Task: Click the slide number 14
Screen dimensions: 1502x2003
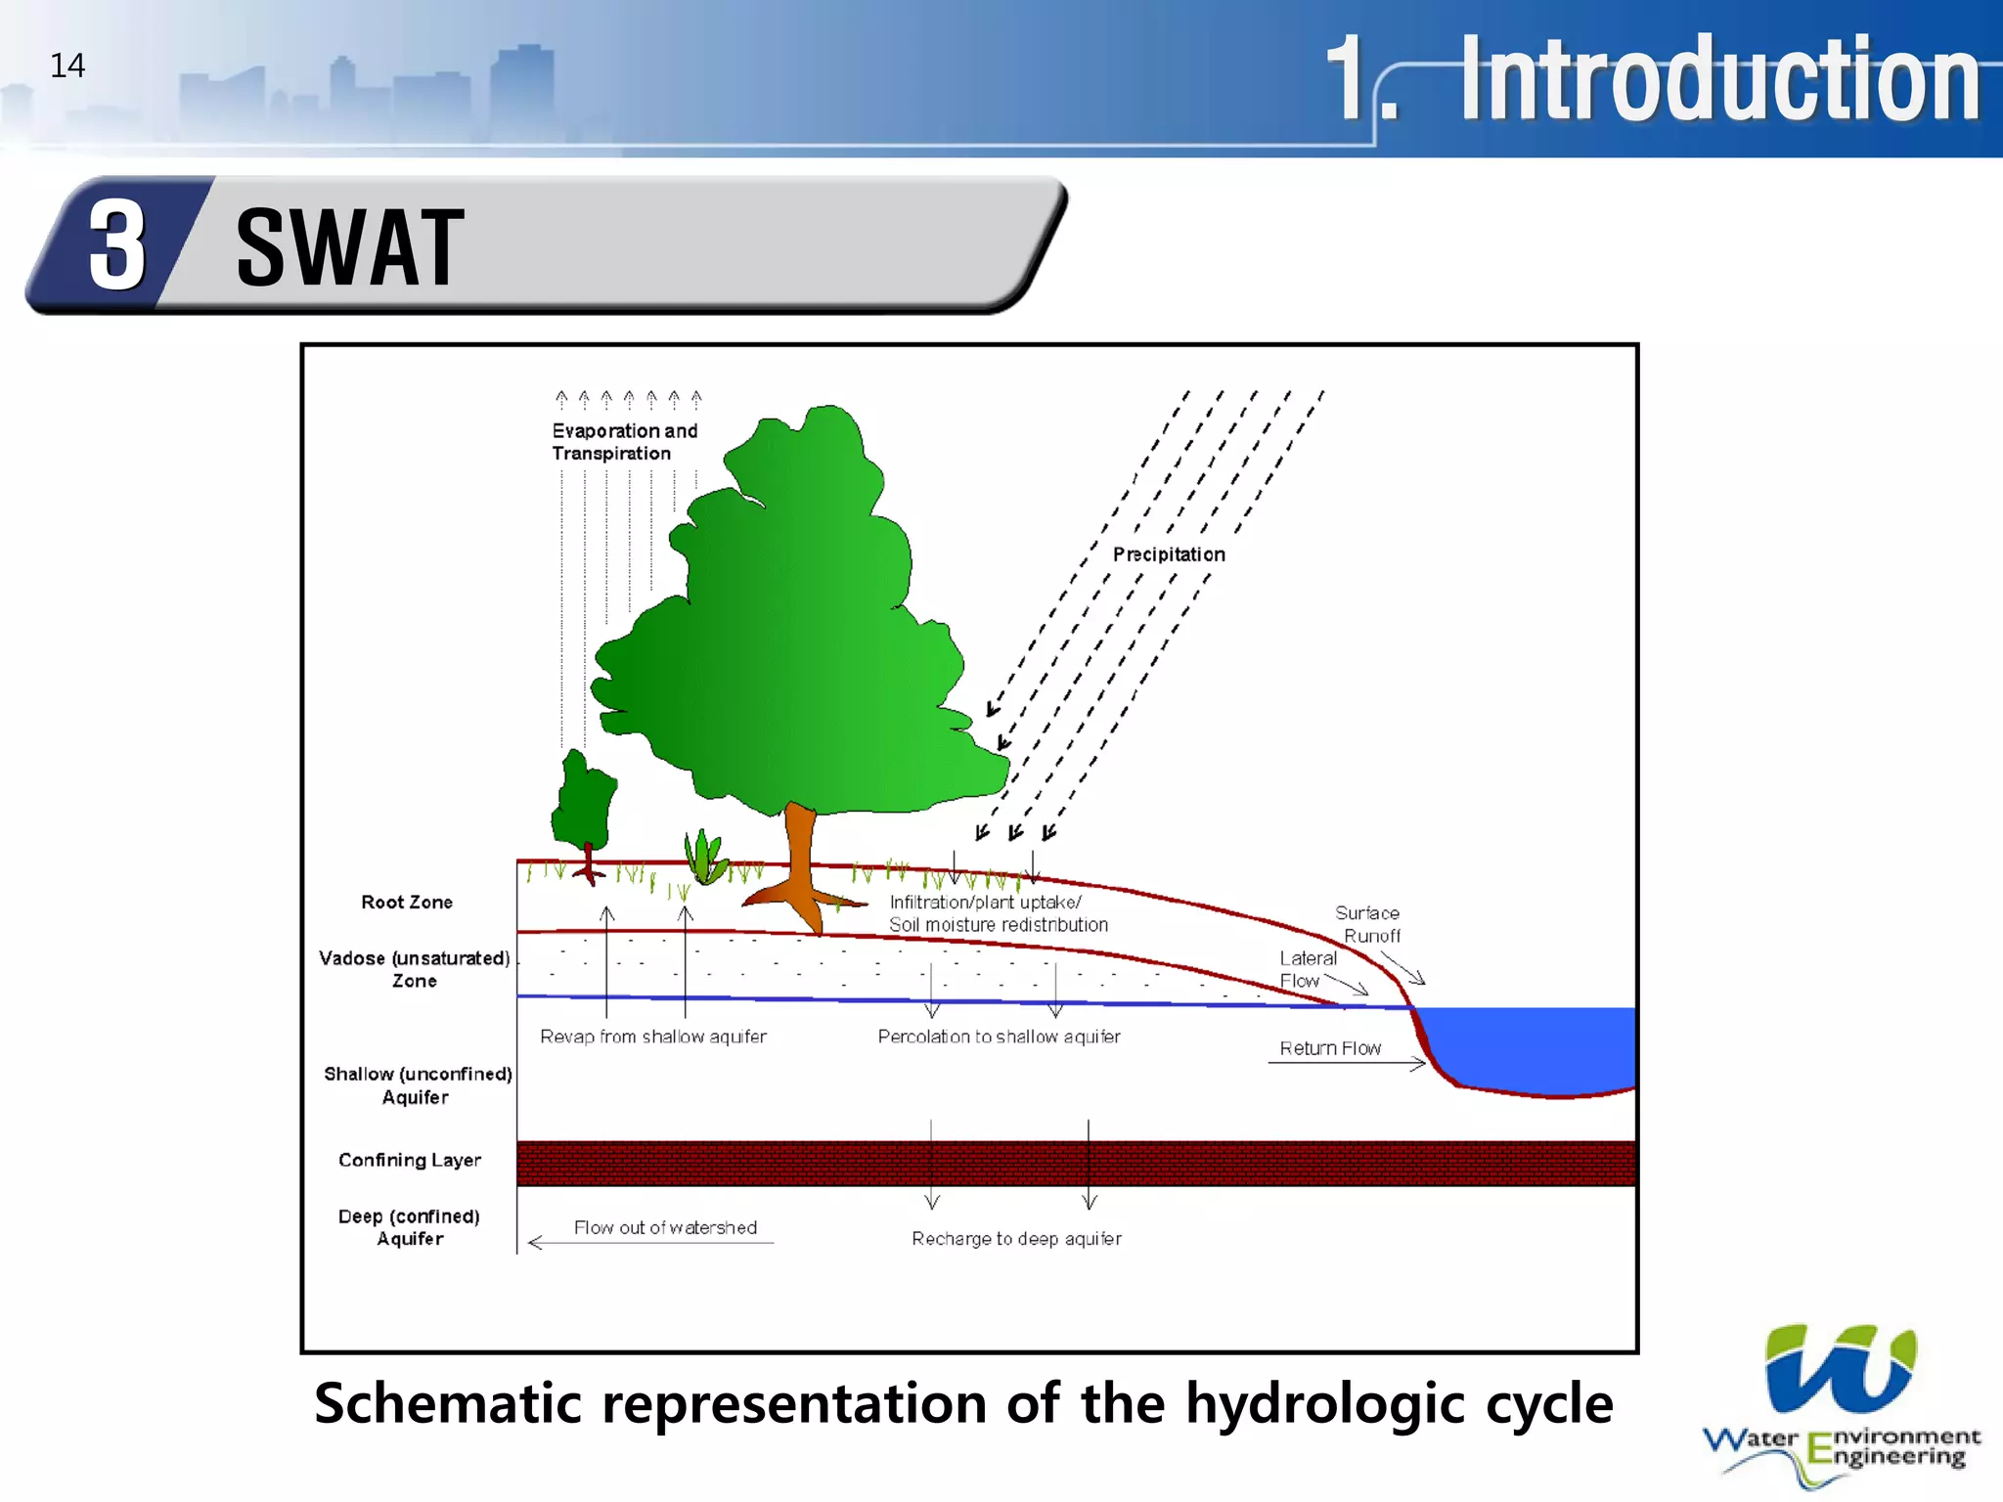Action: point(67,66)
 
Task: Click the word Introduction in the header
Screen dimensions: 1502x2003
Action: point(1719,78)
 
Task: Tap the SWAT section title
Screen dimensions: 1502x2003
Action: point(349,248)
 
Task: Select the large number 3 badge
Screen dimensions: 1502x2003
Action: point(117,245)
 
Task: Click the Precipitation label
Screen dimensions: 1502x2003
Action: point(1168,554)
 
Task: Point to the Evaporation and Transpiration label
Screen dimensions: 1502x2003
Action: point(624,442)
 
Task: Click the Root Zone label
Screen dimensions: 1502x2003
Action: point(407,902)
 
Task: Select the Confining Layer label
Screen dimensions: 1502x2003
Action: point(409,1160)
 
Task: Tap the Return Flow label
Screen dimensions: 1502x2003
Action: point(1330,1048)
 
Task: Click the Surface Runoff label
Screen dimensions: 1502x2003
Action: point(1368,924)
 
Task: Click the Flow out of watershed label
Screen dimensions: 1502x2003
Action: point(665,1227)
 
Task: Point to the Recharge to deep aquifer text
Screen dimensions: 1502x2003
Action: point(1016,1239)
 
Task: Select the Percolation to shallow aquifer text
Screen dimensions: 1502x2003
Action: point(999,1037)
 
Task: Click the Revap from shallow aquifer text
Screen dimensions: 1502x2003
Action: point(653,1037)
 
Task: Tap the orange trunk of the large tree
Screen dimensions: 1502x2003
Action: point(800,851)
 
